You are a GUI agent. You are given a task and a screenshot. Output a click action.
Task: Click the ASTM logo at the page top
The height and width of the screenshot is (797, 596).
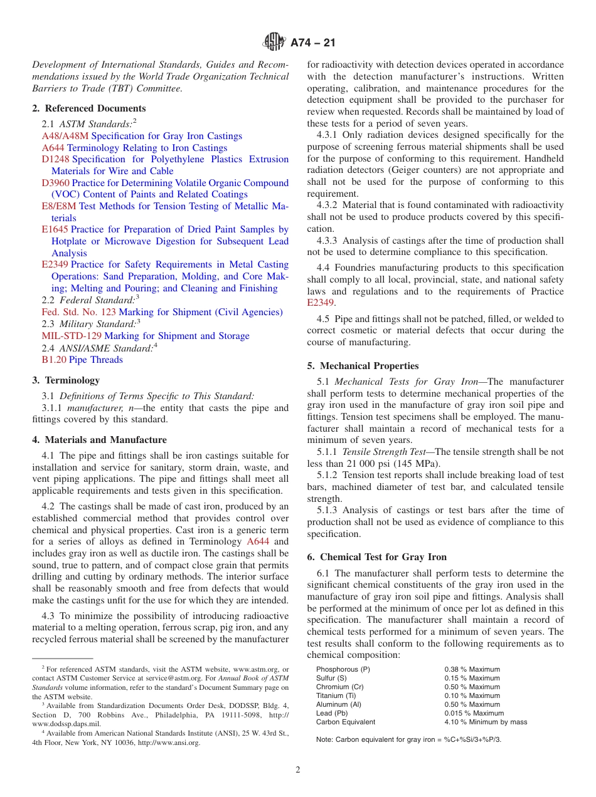[274, 43]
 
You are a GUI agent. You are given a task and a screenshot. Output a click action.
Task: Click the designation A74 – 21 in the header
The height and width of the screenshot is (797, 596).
[313, 43]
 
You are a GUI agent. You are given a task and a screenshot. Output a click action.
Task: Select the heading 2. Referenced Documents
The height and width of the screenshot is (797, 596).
[89, 108]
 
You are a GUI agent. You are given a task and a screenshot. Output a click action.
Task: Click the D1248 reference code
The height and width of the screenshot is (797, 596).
[55, 159]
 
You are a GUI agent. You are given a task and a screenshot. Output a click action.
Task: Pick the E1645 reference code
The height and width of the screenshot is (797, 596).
[55, 229]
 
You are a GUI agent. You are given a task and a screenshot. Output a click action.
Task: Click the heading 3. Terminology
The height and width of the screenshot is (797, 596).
[66, 380]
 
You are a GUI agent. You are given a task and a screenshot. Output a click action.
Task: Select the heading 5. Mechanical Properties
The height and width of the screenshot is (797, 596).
[363, 366]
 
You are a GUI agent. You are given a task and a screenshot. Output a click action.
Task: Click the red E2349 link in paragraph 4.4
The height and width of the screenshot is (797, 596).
[321, 303]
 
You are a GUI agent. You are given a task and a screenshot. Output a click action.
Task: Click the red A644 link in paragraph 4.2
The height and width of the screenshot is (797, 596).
[258, 541]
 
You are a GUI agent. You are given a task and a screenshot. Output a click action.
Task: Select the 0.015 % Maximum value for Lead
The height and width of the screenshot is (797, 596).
[474, 713]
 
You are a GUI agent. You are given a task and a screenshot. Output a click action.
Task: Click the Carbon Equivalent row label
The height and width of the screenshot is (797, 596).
[346, 722]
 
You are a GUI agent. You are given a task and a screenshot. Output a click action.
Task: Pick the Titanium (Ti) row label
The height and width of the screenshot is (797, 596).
[339, 695]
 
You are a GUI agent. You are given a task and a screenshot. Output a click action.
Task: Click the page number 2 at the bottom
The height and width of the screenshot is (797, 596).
[298, 770]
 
